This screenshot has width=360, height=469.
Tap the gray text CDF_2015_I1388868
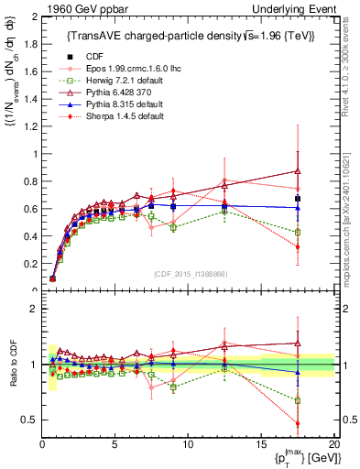pyautogui.click(x=188, y=272)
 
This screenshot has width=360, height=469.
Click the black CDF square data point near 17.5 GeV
pyautogui.click(x=297, y=199)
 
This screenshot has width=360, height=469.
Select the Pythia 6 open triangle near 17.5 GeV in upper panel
pyautogui.click(x=297, y=171)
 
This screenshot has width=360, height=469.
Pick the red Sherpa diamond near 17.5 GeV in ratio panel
pyautogui.click(x=297, y=423)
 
